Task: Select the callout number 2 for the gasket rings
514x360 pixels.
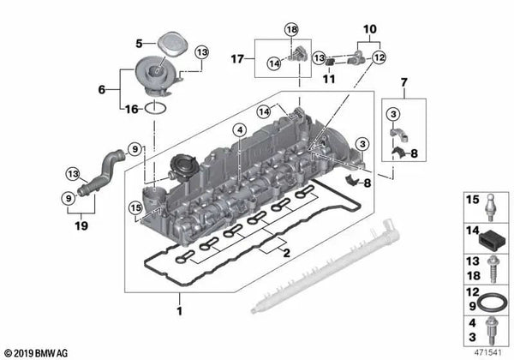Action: tap(286, 255)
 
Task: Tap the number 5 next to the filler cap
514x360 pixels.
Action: tap(138, 42)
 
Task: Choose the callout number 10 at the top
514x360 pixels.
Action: tap(369, 28)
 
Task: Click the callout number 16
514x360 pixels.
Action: tap(130, 109)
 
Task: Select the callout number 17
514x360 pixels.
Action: tap(237, 58)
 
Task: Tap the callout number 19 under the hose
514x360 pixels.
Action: tap(81, 227)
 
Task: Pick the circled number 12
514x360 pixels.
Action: tap(379, 57)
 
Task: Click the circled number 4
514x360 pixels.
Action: tap(241, 129)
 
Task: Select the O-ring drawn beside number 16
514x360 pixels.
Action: tap(153, 108)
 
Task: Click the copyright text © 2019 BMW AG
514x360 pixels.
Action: tap(39, 352)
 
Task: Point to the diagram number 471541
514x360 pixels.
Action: tap(490, 351)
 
